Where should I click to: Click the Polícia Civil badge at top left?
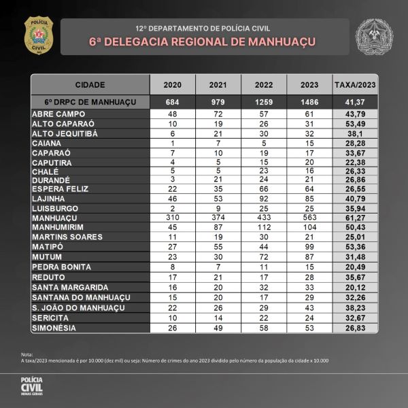[x=38, y=35]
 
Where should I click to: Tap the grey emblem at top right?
[x=374, y=35]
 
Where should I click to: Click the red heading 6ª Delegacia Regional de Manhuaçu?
[x=202, y=41]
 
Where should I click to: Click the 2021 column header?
[x=218, y=85]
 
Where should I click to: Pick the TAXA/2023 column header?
[x=356, y=85]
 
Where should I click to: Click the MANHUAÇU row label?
[x=55, y=218]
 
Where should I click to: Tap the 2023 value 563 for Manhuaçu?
[x=309, y=218]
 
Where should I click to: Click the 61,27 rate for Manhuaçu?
[x=356, y=218]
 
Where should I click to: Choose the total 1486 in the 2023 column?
[x=309, y=102]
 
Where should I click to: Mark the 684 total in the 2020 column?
[x=172, y=102]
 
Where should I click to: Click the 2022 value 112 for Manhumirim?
[x=263, y=227]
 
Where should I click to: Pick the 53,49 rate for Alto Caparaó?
[x=356, y=123]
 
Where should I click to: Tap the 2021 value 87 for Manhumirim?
[x=218, y=227]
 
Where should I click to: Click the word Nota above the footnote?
[x=27, y=354]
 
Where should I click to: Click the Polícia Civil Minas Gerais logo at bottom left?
[x=31, y=385]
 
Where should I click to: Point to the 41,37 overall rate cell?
[x=356, y=102]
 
